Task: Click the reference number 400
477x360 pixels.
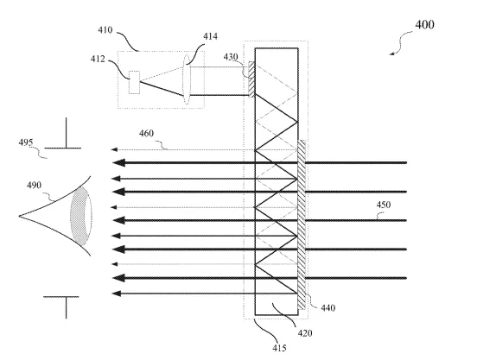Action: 424,25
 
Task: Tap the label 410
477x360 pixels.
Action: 105,30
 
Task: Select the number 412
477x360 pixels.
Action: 98,59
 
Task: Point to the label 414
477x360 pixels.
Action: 211,36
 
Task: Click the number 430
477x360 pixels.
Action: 231,57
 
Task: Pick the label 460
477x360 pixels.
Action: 146,133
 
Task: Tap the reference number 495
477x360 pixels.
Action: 26,142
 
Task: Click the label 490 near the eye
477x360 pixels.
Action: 34,185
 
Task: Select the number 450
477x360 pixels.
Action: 384,205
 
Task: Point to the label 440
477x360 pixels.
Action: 328,308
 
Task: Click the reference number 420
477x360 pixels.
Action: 305,333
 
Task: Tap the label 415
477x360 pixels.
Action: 280,348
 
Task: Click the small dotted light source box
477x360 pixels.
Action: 134,82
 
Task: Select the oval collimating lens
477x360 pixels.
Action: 187,79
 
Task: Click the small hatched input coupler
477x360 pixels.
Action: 251,79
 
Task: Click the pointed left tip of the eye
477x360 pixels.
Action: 20,216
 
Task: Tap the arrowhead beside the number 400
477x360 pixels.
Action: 391,54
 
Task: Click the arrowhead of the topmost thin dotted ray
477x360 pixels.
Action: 114,149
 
